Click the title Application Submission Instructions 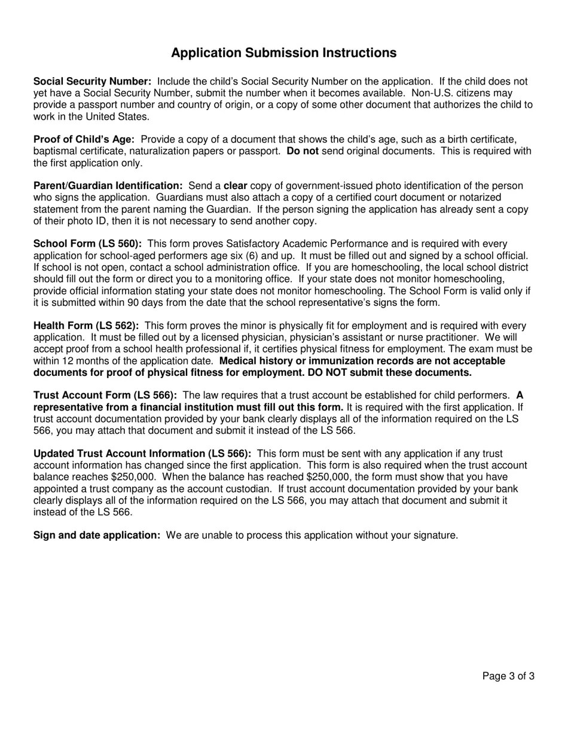point(283,53)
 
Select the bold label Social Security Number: point(92,81)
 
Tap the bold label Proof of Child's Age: point(84,139)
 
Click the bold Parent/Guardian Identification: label point(108,186)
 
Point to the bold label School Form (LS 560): point(87,244)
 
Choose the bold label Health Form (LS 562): point(86,326)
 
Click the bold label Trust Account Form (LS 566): point(105,396)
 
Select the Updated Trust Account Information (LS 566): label point(142,454)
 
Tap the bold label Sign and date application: point(97,536)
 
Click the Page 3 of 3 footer point(508,677)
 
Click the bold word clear point(235,186)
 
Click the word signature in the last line point(433,536)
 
